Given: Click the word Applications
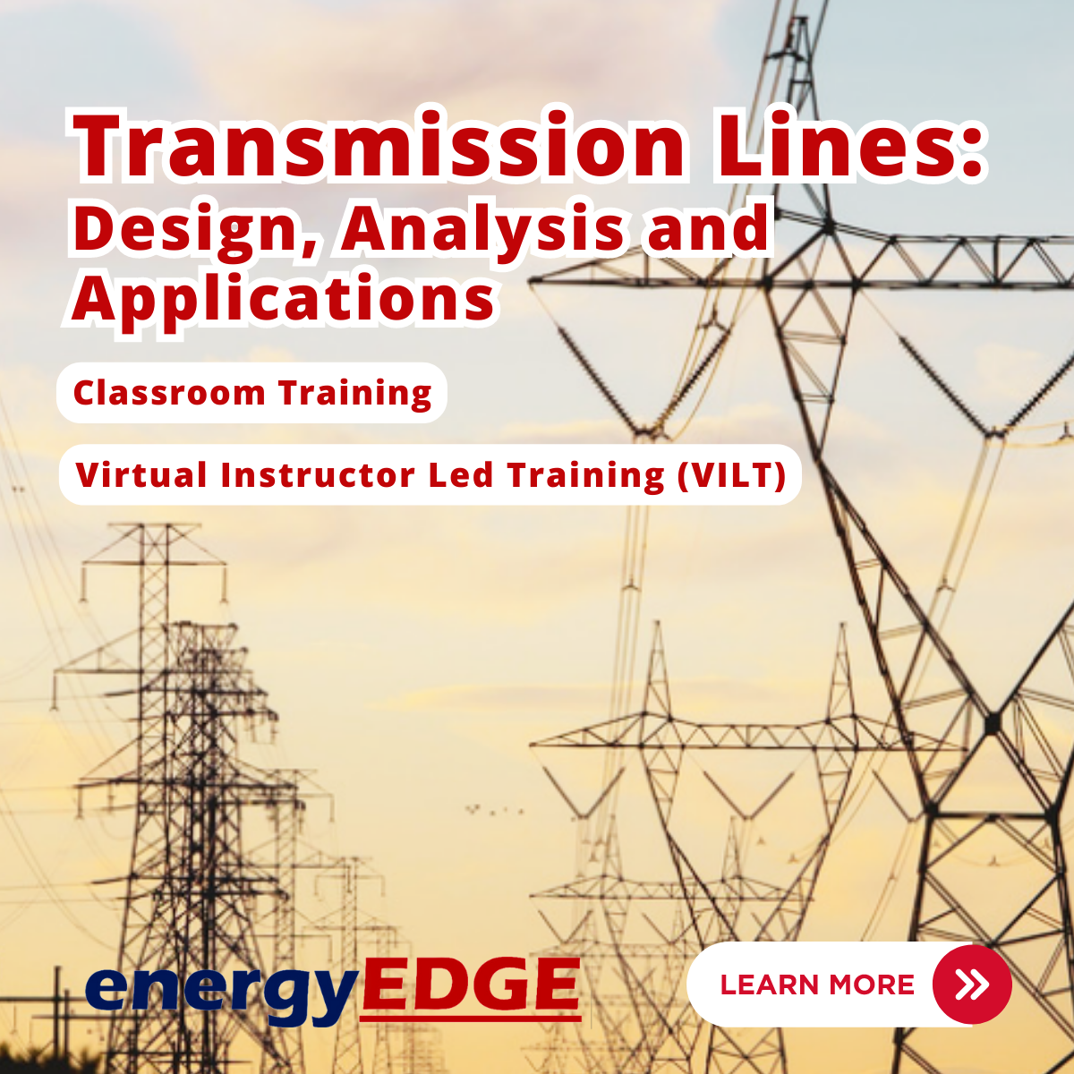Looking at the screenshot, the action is tap(283, 300).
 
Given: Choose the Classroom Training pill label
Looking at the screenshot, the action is tap(252, 394).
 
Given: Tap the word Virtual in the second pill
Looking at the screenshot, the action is tap(141, 475).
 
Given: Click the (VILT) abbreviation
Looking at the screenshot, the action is tap(732, 476).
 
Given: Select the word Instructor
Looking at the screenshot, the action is tap(319, 475).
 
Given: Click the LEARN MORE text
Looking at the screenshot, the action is tap(817, 984).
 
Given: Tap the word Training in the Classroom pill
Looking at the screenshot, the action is tap(355, 394).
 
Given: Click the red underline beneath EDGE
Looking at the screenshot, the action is tap(471, 1019).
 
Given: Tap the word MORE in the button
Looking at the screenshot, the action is tap(873, 984).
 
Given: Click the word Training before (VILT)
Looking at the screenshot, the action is tap(585, 476).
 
